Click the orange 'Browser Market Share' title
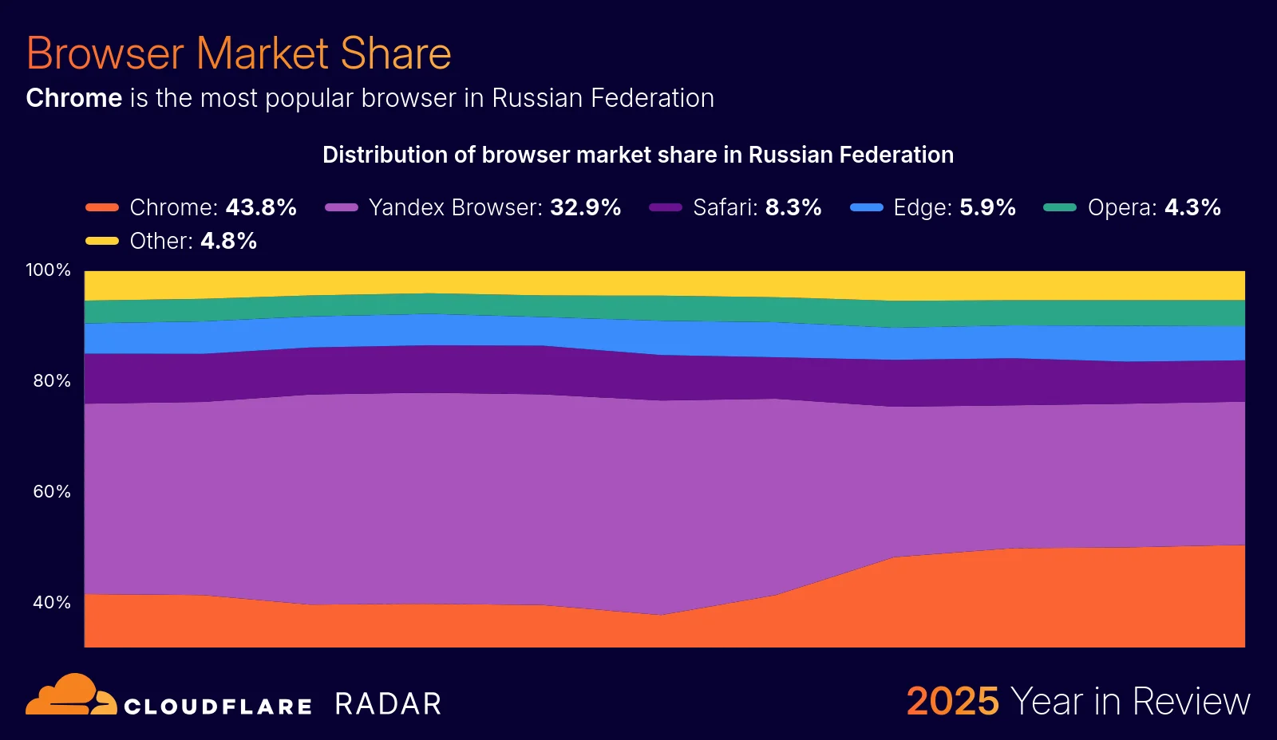click(239, 53)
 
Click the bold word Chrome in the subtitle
click(74, 98)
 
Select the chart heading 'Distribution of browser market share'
click(638, 155)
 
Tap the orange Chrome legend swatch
click(102, 208)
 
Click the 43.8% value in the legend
click(261, 208)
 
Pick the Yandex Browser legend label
click(456, 208)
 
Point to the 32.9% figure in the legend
click(586, 208)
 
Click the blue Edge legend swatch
click(866, 208)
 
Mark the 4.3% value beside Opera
click(1192, 208)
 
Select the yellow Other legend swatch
click(102, 241)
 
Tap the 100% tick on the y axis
click(49, 270)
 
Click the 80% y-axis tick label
click(52, 381)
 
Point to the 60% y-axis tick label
click(52, 492)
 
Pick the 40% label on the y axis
click(52, 603)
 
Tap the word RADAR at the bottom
click(388, 704)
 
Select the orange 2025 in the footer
click(952, 702)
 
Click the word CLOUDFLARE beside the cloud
click(218, 707)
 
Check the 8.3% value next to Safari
click(793, 208)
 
